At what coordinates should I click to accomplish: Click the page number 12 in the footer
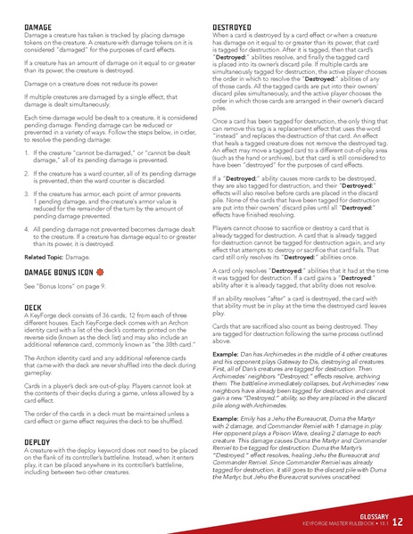[396, 522]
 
